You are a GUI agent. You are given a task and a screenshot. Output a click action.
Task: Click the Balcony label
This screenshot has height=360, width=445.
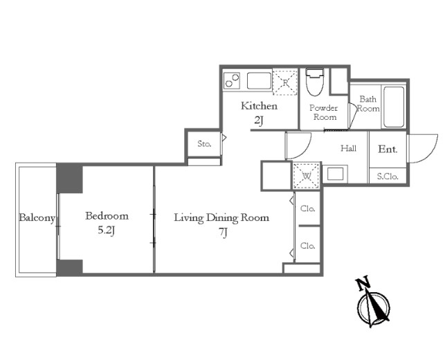tap(37, 218)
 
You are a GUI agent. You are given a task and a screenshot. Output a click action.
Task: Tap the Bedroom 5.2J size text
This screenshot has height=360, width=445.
tap(107, 231)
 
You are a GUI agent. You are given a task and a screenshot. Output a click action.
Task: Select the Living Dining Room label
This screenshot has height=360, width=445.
tap(221, 218)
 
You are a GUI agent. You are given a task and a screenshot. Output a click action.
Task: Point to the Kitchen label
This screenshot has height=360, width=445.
tap(259, 106)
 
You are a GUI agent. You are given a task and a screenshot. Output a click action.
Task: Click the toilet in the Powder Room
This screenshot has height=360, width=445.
tap(315, 82)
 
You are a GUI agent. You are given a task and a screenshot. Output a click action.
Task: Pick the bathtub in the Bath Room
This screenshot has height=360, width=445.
tap(394, 107)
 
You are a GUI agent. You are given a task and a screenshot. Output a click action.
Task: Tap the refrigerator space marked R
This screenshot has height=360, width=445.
tap(285, 82)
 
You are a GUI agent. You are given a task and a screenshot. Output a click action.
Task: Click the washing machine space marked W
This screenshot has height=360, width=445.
tap(306, 176)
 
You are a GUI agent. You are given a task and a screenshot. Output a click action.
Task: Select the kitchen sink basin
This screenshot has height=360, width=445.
tap(259, 81)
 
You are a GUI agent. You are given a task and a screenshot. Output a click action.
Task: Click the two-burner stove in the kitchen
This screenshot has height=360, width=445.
tap(232, 80)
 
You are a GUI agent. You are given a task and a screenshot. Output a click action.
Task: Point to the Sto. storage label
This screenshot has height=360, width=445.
tap(204, 144)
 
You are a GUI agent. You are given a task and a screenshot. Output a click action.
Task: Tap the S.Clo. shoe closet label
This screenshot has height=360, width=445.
tap(388, 177)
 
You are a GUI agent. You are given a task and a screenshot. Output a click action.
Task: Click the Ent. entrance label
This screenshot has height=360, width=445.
tap(388, 150)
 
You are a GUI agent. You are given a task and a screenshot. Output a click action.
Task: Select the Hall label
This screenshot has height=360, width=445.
tap(349, 148)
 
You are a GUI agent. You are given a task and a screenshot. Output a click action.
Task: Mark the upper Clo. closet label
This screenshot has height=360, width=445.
tap(308, 208)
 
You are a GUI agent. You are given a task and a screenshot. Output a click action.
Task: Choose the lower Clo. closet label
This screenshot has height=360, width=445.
tap(308, 246)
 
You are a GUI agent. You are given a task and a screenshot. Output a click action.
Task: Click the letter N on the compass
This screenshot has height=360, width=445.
tap(363, 283)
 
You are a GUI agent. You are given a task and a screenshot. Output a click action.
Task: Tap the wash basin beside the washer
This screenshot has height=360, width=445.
tap(335, 174)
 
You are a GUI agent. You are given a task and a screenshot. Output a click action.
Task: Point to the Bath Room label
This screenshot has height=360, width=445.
tap(368, 104)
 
